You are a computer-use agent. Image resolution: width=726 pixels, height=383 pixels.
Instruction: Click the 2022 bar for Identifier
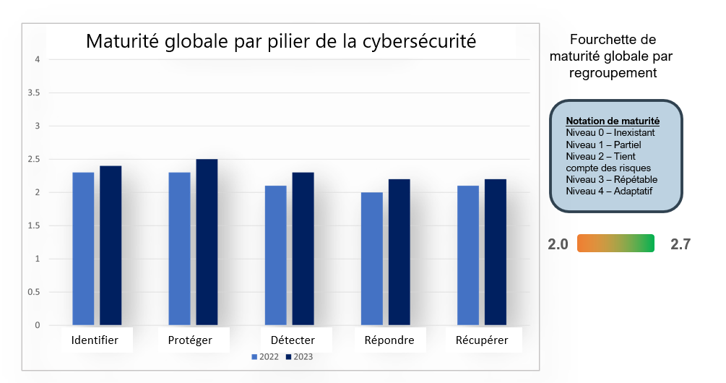pyautogui.click(x=83, y=249)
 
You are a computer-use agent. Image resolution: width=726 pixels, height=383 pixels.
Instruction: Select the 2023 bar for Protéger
pyautogui.click(x=207, y=242)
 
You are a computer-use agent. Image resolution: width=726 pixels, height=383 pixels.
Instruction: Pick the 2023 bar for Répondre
pyautogui.click(x=399, y=252)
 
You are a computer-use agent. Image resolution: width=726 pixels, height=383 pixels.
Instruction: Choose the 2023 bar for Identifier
pyautogui.click(x=111, y=246)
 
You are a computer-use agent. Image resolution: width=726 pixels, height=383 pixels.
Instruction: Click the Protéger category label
pyautogui.click(x=190, y=340)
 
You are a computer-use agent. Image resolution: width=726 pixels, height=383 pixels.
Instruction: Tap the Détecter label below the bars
pyautogui.click(x=293, y=340)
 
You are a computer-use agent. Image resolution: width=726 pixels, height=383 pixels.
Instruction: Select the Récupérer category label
pyautogui.click(x=482, y=340)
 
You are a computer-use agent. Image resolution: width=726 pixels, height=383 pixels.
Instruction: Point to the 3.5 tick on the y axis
pyautogui.click(x=33, y=93)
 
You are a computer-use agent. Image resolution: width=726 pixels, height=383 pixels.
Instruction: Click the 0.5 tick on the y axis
pyautogui.click(x=33, y=292)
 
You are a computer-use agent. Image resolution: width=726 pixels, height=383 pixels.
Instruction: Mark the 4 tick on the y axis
pyautogui.click(x=37, y=60)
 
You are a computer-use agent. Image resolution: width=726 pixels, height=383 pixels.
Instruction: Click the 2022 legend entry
pyautogui.click(x=264, y=357)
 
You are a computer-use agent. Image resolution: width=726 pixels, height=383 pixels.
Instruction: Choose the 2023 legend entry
pyautogui.click(x=299, y=357)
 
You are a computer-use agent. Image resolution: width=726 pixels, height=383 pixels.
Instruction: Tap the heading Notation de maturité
pyautogui.click(x=613, y=121)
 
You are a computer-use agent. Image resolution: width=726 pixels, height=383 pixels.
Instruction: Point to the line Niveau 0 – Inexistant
pyautogui.click(x=610, y=133)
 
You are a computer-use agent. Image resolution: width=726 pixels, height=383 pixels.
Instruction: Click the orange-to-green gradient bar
pyautogui.click(x=615, y=244)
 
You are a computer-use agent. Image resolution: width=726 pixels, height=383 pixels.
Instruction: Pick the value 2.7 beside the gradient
pyautogui.click(x=680, y=244)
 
